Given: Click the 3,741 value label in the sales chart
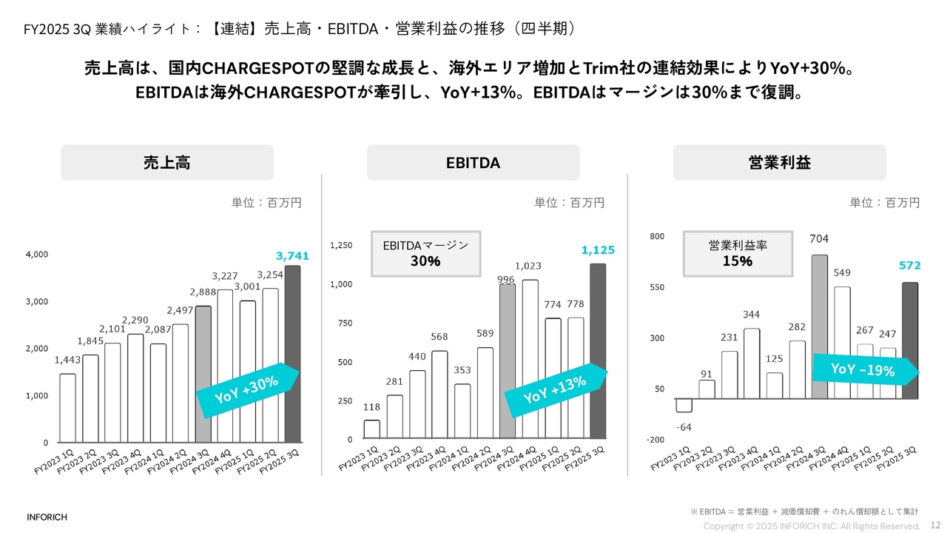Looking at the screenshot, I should (292, 256).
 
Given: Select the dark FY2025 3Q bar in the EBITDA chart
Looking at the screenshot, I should (597, 352).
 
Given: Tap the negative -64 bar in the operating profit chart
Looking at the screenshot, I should (684, 406).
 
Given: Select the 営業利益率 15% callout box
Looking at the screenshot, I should (738, 253).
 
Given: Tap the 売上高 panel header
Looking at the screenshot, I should (167, 163).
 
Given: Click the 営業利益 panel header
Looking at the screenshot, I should (779, 163).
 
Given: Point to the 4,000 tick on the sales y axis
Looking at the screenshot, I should (36, 255).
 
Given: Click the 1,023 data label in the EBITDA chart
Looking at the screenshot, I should (528, 266).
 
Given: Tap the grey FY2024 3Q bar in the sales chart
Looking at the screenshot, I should (203, 374).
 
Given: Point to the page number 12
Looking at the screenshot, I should (934, 525).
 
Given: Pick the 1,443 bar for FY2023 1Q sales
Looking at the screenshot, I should (67, 408).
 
